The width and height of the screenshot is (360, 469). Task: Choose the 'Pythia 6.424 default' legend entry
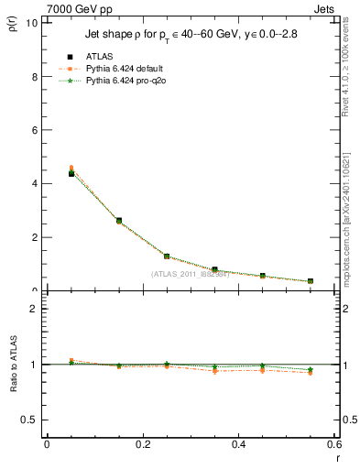pyautogui.click(x=129, y=68)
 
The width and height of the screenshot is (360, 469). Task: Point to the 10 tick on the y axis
pyautogui.click(x=32, y=23)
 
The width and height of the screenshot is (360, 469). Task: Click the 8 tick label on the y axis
pyautogui.click(x=34, y=77)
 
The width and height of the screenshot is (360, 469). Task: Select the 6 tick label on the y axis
pyautogui.click(x=34, y=130)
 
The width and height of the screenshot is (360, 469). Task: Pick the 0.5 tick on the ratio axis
pyautogui.click(x=30, y=420)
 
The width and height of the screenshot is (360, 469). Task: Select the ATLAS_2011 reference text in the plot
pyautogui.click(x=191, y=273)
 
